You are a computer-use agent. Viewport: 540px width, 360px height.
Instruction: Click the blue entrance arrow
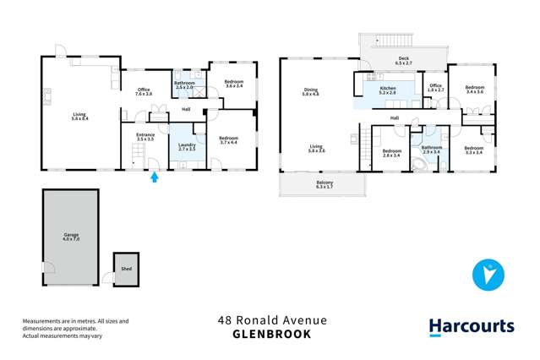click(x=155, y=177)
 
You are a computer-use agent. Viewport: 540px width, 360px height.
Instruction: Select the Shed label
click(x=126, y=269)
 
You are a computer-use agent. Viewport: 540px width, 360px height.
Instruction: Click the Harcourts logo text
click(x=471, y=326)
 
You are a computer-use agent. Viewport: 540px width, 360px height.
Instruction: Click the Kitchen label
click(x=388, y=90)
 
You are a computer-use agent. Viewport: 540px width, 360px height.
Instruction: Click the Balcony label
click(x=325, y=185)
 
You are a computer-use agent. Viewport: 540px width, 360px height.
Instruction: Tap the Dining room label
click(x=311, y=92)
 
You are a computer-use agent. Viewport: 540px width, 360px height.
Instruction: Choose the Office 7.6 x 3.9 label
click(x=144, y=91)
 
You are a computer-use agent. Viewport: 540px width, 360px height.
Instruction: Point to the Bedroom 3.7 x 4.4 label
click(x=229, y=139)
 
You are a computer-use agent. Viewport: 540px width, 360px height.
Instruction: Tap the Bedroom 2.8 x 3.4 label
click(x=390, y=154)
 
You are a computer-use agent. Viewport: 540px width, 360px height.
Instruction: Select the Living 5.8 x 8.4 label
click(x=80, y=117)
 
